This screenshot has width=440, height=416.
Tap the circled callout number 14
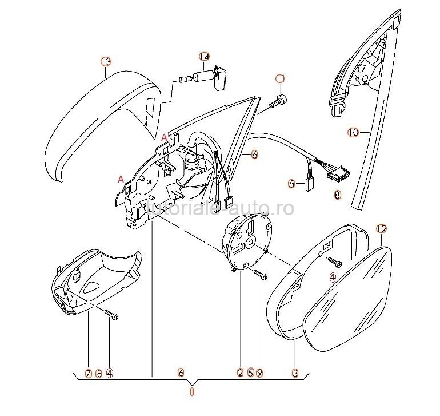coord(205,56)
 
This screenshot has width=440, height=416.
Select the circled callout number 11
coord(281,78)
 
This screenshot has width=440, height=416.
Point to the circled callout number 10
coord(353,132)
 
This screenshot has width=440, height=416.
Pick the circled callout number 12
coord(382,229)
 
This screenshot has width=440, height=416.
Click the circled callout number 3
coord(295,373)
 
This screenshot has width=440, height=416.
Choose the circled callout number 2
coord(241,373)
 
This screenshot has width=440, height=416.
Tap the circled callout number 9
coord(259,373)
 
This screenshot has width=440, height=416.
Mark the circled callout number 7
coord(89,373)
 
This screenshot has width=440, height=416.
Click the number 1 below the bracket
coord(192,393)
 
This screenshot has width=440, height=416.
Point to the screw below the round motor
coord(260,275)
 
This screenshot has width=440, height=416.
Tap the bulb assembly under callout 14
coord(203,77)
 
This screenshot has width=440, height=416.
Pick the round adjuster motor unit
coord(249,238)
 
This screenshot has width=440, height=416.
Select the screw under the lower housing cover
coord(112,315)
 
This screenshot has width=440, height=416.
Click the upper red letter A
coord(165,137)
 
